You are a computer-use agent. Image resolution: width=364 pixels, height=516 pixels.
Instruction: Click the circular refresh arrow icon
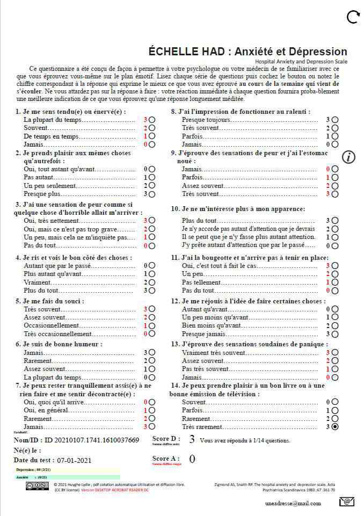pyautogui.click(x=353, y=17)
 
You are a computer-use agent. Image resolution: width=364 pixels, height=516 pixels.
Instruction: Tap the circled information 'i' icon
pyautogui.click(x=349, y=157)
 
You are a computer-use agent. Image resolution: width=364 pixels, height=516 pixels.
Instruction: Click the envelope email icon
pyautogui.click(x=347, y=502)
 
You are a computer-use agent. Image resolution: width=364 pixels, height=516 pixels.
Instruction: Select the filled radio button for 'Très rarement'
pyautogui.click(x=335, y=427)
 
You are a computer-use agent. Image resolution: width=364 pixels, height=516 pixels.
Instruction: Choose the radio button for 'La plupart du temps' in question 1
pyautogui.click(x=152, y=120)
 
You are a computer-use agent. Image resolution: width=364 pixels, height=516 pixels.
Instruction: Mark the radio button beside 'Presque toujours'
pyautogui.click(x=335, y=120)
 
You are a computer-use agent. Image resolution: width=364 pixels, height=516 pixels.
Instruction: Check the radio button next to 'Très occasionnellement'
pyautogui.click(x=152, y=333)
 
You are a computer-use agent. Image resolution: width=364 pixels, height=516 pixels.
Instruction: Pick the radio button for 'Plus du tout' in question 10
pyautogui.click(x=335, y=221)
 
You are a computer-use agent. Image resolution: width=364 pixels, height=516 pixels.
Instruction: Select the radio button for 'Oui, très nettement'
pyautogui.click(x=152, y=221)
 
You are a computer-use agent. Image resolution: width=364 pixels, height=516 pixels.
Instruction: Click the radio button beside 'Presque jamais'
pyautogui.click(x=335, y=333)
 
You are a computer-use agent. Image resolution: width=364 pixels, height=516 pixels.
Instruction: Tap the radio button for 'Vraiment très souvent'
pyautogui.click(x=335, y=353)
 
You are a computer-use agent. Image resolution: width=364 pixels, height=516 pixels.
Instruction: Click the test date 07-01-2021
pyautogui.click(x=75, y=460)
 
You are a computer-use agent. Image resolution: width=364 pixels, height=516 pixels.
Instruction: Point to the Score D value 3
pyautogui.click(x=192, y=439)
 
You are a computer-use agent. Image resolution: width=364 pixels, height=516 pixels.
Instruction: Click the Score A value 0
pyautogui.click(x=192, y=459)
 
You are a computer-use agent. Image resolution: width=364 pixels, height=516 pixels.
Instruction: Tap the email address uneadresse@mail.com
pyautogui.click(x=293, y=503)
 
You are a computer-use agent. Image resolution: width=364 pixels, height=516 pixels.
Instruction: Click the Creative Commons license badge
pyautogui.click(x=38, y=485)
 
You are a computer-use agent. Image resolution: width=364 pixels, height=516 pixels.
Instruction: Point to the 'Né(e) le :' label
pyautogui.click(x=27, y=450)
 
